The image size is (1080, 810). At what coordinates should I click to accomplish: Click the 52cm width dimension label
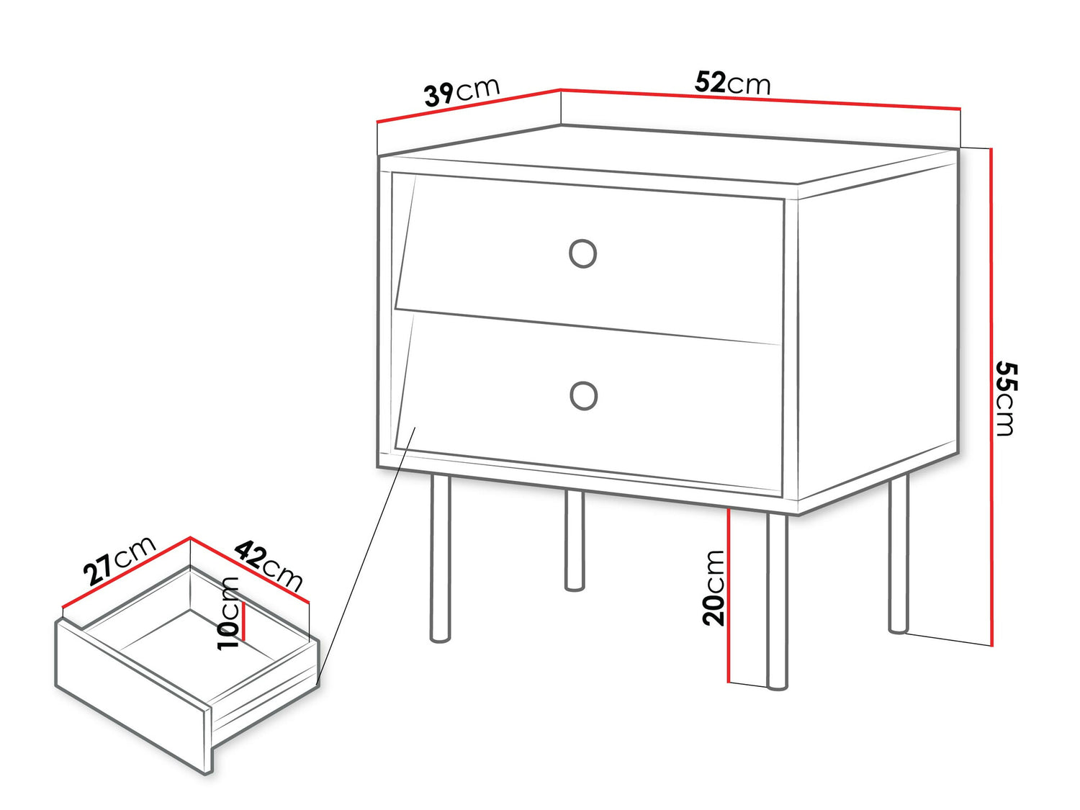pos(732,84)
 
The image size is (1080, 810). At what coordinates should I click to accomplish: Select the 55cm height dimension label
pos(1005,398)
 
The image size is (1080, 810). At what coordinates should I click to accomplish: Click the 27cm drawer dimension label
pos(119,560)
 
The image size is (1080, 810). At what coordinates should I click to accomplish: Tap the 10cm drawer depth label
pos(229,613)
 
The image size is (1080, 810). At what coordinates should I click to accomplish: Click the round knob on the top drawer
pos(582,253)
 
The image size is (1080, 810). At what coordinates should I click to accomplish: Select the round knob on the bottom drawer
pos(583,395)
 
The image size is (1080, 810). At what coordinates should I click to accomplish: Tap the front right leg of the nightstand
pos(777,601)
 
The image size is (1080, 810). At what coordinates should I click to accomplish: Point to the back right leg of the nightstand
pos(898,554)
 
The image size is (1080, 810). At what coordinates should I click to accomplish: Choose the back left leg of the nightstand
pos(574,540)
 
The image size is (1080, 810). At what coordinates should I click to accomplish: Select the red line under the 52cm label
pos(760,99)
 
